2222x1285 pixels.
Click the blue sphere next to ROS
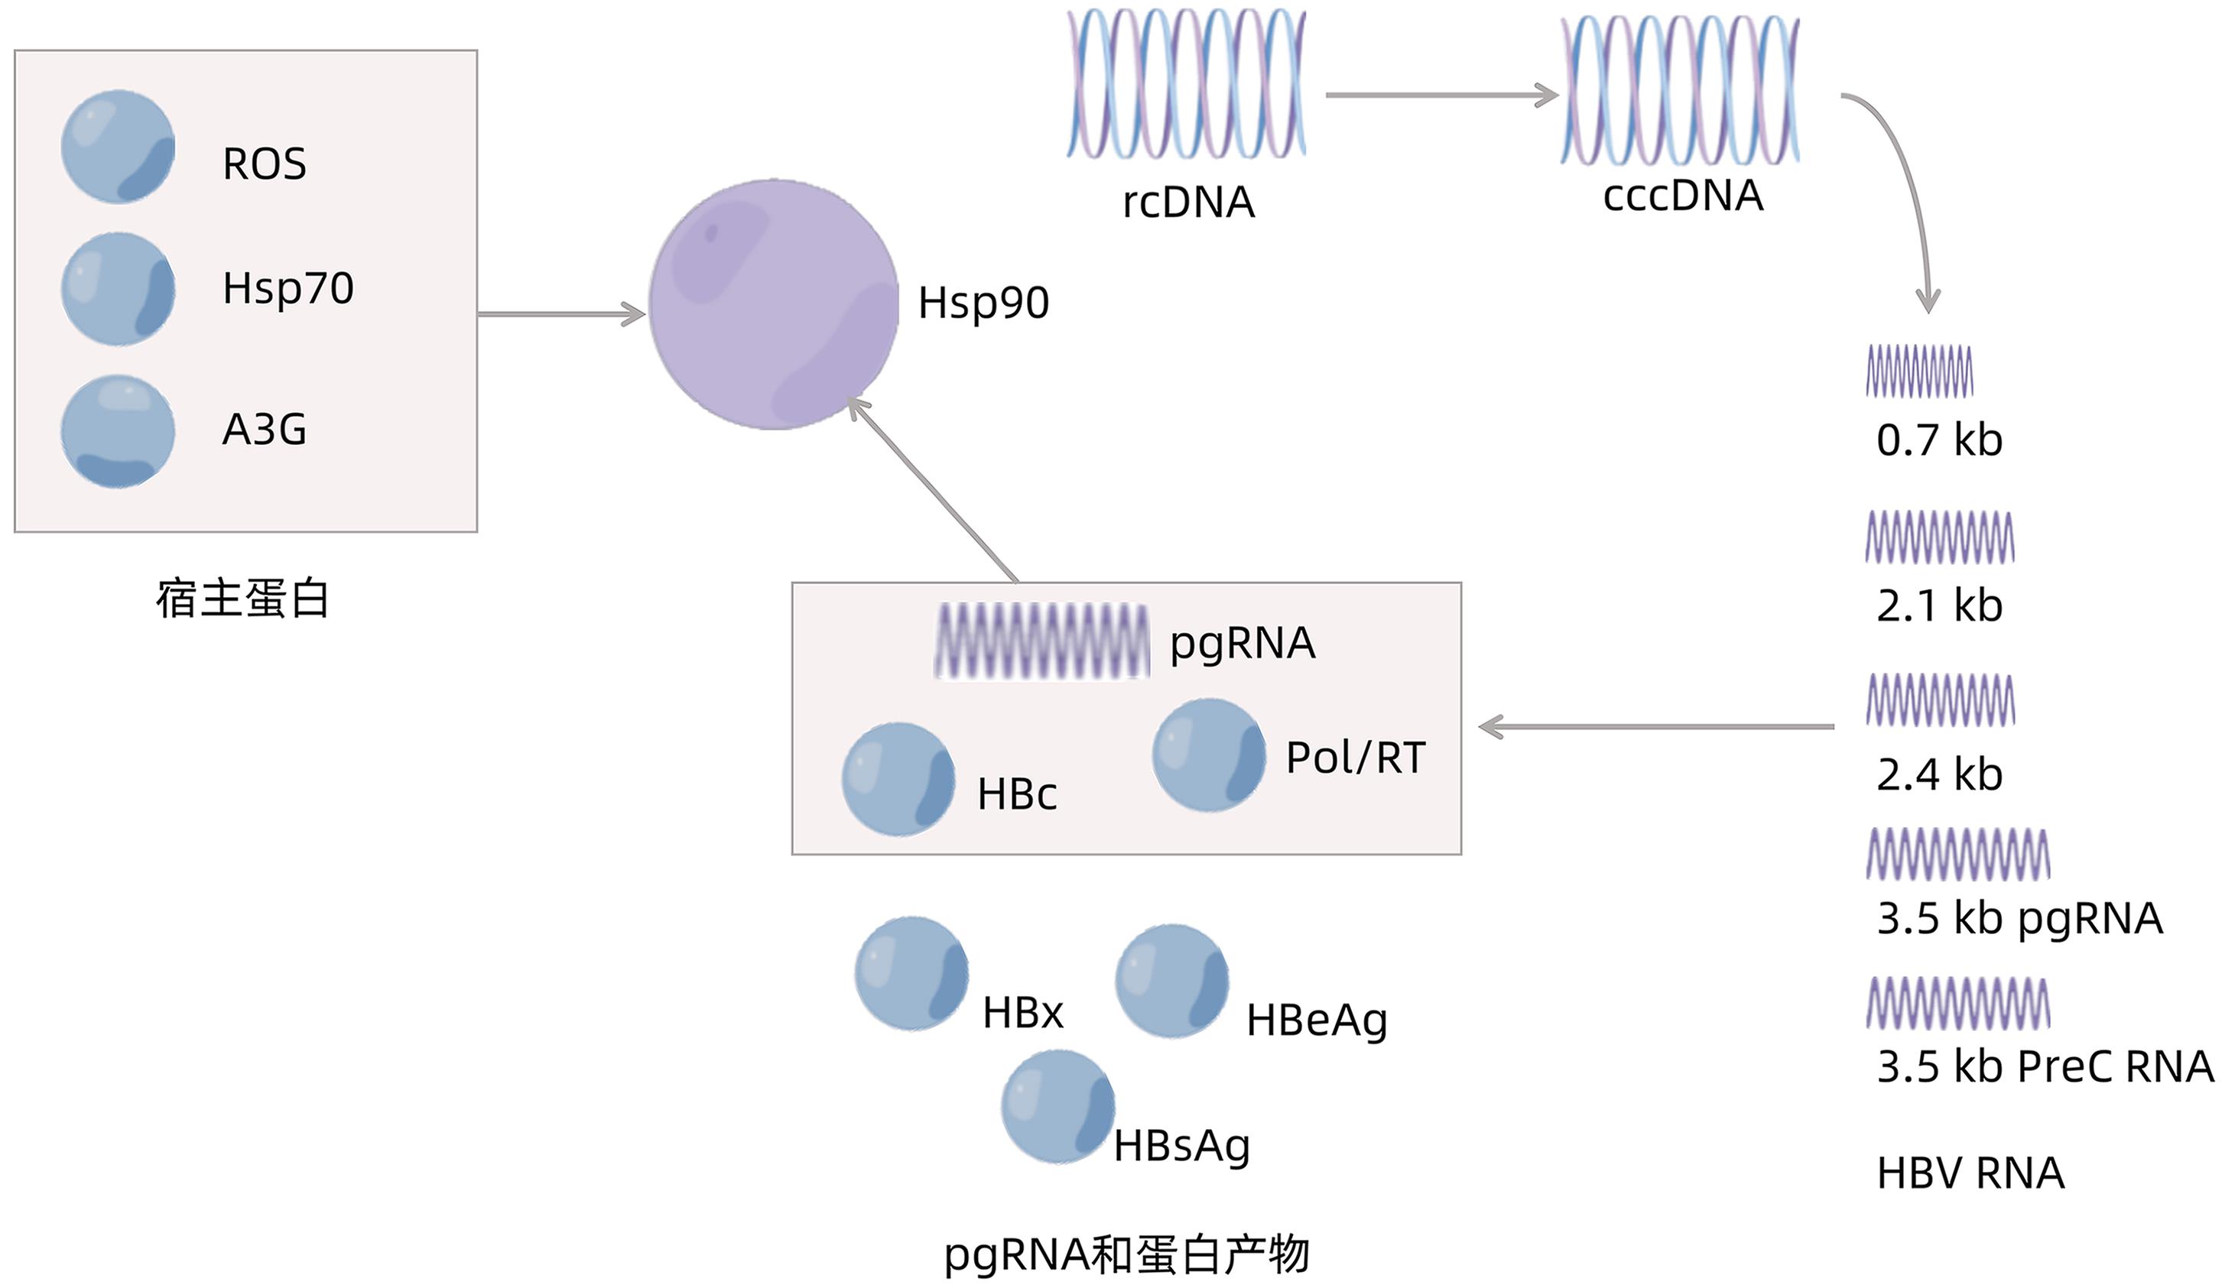(117, 148)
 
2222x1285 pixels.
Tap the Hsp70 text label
(287, 288)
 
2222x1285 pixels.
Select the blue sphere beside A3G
(117, 432)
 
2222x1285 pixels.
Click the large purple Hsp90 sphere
(773, 305)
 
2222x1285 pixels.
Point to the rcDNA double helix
(1186, 85)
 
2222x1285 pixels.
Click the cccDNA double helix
(1680, 91)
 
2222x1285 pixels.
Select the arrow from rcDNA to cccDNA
(1441, 96)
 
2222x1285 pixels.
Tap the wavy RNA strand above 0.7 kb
(1918, 371)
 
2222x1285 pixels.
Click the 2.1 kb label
(1939, 606)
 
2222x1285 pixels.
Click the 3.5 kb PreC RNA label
(2044, 1066)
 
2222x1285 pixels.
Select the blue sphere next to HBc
(898, 779)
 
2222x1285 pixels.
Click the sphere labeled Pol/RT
(1208, 755)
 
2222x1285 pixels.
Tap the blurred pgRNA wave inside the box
(1041, 641)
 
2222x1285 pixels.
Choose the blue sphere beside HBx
(911, 974)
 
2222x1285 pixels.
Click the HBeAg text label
(1317, 1021)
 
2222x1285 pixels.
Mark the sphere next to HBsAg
(1057, 1106)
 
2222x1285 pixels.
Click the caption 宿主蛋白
(242, 599)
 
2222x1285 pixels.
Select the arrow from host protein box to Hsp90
(560, 313)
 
